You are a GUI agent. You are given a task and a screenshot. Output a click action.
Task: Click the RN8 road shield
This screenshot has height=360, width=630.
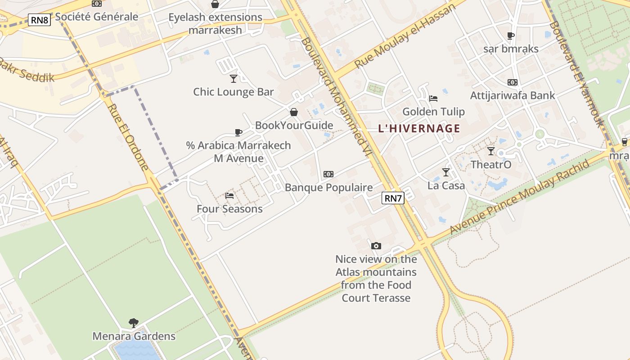[x=40, y=20]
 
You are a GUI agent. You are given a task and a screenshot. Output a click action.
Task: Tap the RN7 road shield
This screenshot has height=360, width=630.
[x=393, y=198]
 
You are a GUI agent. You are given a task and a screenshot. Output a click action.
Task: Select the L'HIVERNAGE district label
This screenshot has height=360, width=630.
[x=419, y=129]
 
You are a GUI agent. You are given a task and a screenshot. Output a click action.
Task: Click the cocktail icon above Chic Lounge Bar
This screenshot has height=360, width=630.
[x=233, y=79]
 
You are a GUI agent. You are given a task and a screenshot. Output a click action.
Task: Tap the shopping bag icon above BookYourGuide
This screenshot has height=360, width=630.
[x=294, y=112]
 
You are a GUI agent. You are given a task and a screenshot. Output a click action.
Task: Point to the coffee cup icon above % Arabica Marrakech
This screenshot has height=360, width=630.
[x=238, y=132]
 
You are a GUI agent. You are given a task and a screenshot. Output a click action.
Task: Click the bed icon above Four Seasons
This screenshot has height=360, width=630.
[x=229, y=196]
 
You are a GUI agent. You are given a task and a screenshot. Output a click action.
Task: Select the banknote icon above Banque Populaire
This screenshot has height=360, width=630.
[x=328, y=174]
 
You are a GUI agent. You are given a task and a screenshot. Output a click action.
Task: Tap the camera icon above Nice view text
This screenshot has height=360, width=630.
[x=376, y=246]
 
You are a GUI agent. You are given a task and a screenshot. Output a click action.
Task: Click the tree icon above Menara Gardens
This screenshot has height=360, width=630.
[x=133, y=323]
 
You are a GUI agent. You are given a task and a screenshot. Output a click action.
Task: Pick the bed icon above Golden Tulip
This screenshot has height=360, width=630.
[x=433, y=99]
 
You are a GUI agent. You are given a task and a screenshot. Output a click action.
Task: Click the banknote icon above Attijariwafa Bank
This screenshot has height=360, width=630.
[x=512, y=82]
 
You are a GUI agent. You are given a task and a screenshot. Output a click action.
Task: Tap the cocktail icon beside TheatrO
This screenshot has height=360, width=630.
[x=491, y=151]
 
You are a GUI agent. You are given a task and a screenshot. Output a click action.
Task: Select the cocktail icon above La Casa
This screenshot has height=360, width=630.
[x=445, y=172]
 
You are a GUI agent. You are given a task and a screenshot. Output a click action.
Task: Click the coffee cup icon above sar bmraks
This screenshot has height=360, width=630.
[x=510, y=36]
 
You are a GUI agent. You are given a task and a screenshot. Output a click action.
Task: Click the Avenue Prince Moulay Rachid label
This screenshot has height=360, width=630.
[x=519, y=197]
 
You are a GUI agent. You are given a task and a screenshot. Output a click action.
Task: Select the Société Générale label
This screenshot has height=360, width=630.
[x=97, y=17]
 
